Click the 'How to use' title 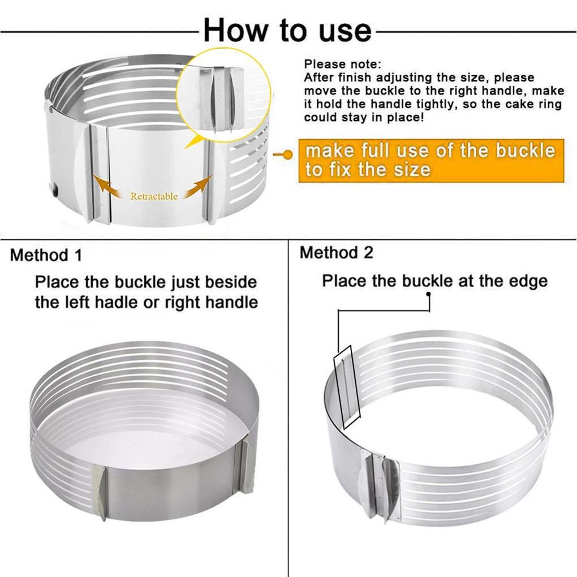(287, 30)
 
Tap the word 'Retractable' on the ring (154, 196)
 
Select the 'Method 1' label (46, 255)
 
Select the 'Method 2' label (337, 252)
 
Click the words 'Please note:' (343, 64)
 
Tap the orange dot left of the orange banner (288, 155)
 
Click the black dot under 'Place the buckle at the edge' (428, 294)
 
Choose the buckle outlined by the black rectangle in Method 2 (347, 387)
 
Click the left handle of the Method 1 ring (100, 492)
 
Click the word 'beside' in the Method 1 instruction (231, 282)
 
